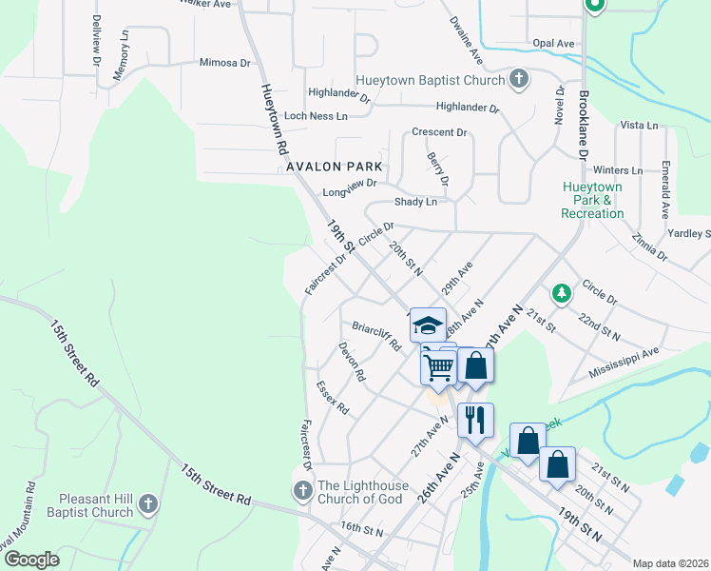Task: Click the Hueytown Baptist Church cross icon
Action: [x=519, y=80]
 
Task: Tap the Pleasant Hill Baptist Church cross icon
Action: [x=147, y=504]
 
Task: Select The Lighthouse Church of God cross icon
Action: [x=302, y=491]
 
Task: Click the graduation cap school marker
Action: [x=428, y=325]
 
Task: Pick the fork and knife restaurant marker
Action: [x=475, y=419]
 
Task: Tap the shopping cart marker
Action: [x=438, y=364]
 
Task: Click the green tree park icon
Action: [x=562, y=292]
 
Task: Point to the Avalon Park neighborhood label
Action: [x=333, y=167]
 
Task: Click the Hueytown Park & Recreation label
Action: [x=592, y=200]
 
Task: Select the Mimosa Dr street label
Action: [x=224, y=64]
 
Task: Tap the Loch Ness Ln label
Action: [x=316, y=115]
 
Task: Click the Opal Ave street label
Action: [x=553, y=44]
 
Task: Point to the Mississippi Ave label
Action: [x=623, y=360]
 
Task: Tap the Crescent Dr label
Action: [x=439, y=132]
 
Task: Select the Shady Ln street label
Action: [x=415, y=202]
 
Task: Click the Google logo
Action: [x=31, y=560]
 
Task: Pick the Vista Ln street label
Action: [x=639, y=126]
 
